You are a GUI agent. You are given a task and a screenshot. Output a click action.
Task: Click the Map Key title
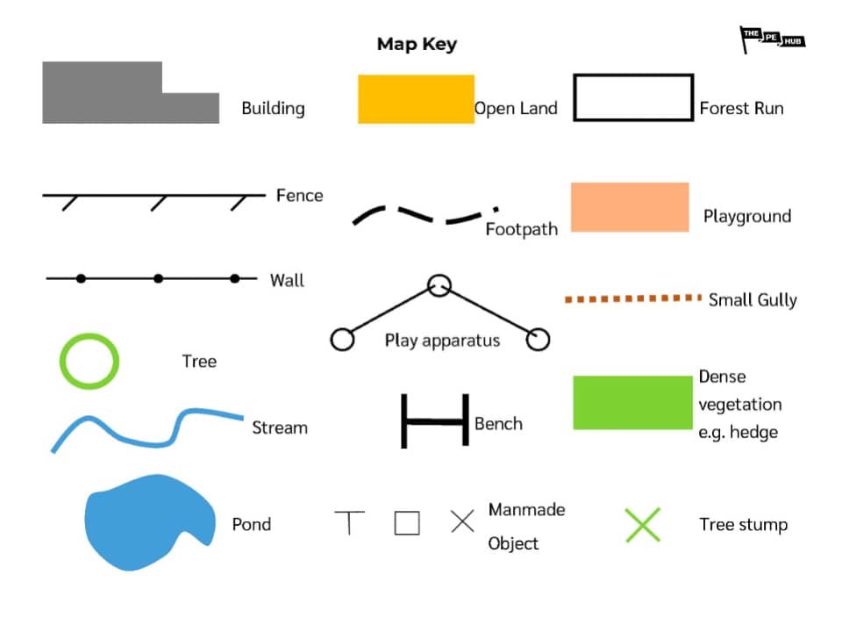pos(417,44)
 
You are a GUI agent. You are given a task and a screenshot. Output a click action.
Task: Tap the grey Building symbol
pos(114,97)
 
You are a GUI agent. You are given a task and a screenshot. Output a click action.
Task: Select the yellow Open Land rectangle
pos(416,99)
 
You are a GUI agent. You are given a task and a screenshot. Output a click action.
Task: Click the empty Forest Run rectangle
pos(632,97)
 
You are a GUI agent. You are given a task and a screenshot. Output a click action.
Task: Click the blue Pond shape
pos(145,522)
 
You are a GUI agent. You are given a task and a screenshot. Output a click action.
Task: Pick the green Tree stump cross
pos(643,525)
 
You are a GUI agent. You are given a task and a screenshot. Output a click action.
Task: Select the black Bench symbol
pos(434,422)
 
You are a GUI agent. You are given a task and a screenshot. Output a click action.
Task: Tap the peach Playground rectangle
pos(630,207)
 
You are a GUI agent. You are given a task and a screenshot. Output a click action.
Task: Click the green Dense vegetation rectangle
pos(632,403)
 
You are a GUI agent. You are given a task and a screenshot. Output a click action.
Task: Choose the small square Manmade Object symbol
pos(407,523)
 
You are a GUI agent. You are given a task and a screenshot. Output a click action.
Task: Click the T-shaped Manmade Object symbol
pos(349,522)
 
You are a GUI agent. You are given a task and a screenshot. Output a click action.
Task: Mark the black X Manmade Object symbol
pos(462,521)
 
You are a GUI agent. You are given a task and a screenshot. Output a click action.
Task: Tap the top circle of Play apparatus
pos(439,285)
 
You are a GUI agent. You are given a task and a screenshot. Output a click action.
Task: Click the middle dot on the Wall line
pos(158,278)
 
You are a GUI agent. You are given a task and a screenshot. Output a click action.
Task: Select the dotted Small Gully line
pos(632,299)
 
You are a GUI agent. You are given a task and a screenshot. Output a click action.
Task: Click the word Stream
pos(280,428)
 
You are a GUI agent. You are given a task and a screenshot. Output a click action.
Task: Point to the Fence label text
pos(299,195)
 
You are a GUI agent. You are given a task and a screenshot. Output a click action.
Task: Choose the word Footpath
pos(521,230)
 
